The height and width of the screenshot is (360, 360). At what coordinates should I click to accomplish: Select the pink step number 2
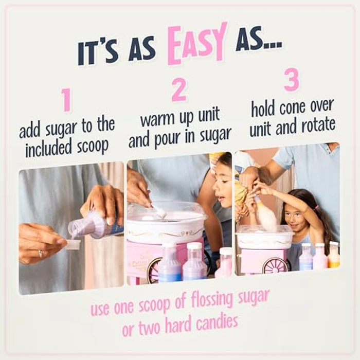(x=179, y=91)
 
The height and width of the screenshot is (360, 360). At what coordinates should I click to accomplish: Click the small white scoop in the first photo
(x=73, y=244)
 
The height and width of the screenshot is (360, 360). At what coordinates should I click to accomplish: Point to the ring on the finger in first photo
(x=40, y=254)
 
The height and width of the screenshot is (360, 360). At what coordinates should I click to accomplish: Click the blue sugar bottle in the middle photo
(x=169, y=265)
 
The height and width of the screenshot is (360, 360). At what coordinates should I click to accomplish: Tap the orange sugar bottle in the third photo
(x=334, y=256)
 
